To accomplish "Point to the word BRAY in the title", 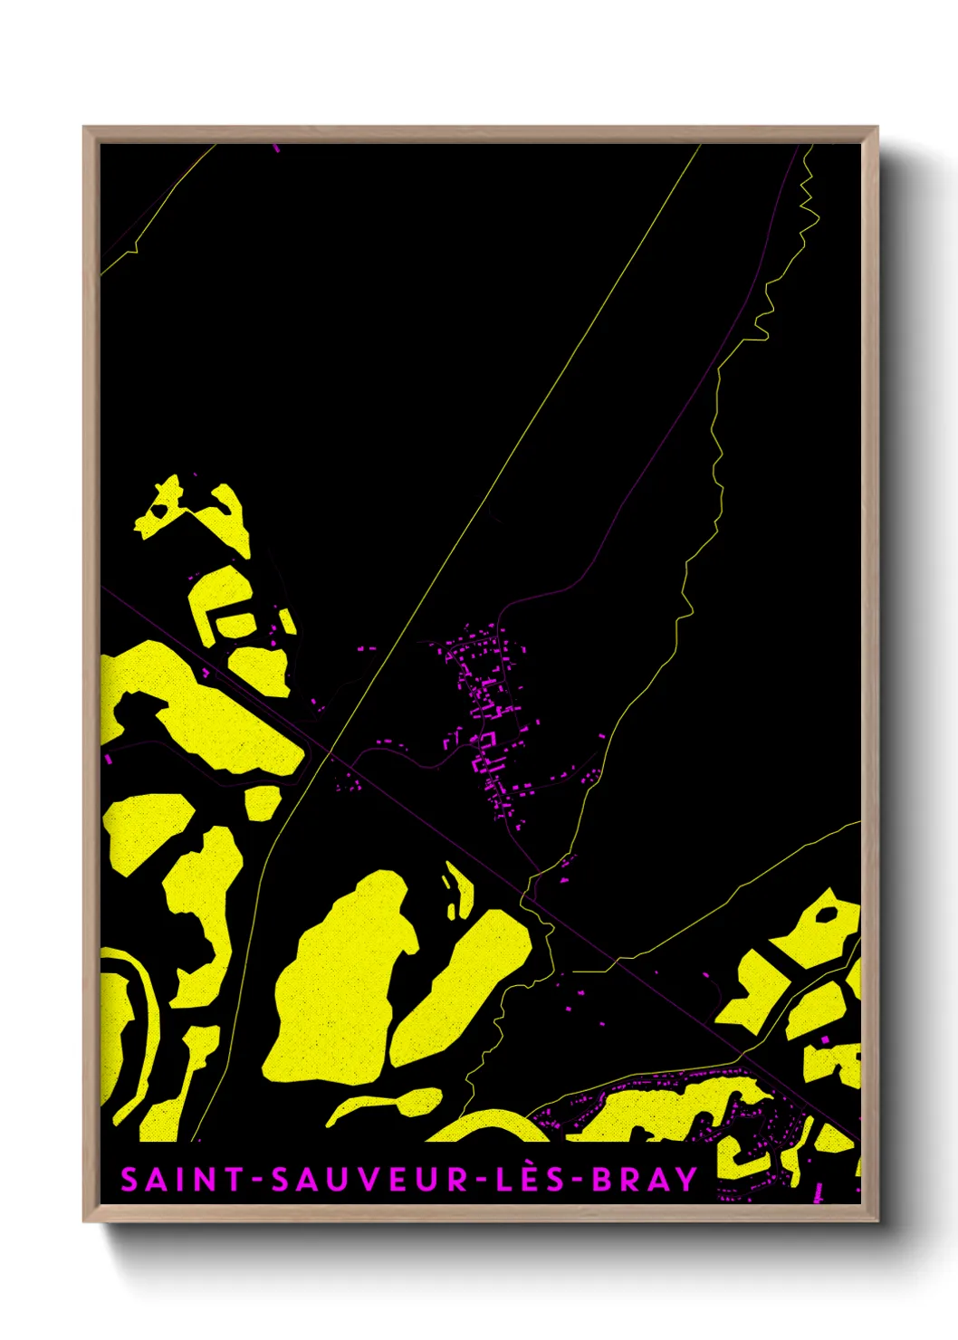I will click(x=645, y=1180).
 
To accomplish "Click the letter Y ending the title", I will click(x=686, y=1180).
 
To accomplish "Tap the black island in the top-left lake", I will click(x=159, y=511).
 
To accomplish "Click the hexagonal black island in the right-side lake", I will click(x=827, y=914).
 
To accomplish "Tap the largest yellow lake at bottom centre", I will click(x=340, y=987).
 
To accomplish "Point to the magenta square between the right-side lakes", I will click(x=824, y=1039).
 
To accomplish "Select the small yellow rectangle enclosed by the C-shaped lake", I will click(x=237, y=624).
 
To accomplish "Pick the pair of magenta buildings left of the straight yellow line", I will click(x=366, y=649).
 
